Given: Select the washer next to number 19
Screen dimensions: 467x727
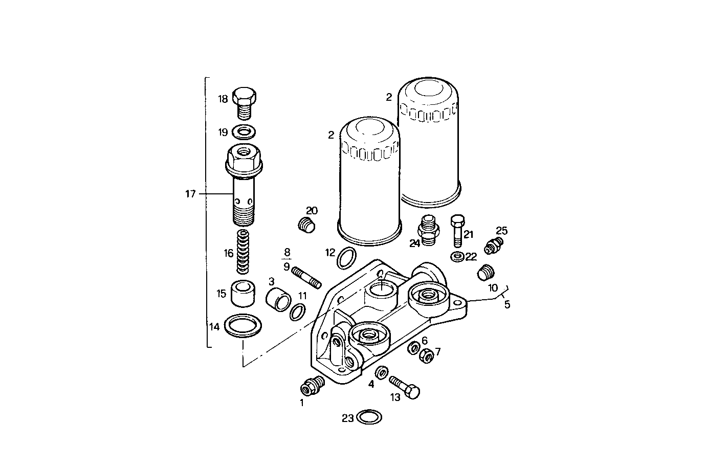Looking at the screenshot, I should coord(244,132).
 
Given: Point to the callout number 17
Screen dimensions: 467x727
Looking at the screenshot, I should coord(191,194).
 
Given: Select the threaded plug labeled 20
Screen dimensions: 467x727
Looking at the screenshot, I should coord(306,224).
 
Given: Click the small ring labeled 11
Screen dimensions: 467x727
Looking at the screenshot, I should coord(298,312).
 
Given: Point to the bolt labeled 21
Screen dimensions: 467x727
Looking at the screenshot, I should coord(458,231).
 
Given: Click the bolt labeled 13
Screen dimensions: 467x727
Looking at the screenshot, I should coord(405,387).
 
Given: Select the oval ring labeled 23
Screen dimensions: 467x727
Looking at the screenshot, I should coord(369,417).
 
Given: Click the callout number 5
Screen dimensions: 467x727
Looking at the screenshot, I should coord(507,305).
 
